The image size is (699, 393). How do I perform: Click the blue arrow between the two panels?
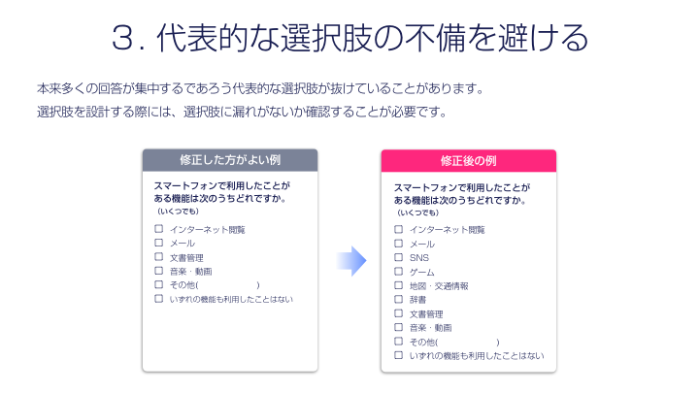(351, 261)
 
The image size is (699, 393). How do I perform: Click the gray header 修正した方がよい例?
(230, 160)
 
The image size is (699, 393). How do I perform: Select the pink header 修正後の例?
(469, 161)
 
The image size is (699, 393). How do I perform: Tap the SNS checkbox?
(399, 257)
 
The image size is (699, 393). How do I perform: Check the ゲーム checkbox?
(399, 272)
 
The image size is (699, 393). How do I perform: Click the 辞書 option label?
(418, 300)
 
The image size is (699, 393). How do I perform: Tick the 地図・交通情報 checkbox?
(399, 285)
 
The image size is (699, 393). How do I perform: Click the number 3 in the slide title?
(122, 38)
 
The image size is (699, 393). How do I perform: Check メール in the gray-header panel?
(158, 243)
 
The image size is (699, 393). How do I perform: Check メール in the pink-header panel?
(399, 244)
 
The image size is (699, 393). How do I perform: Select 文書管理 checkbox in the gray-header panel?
(158, 257)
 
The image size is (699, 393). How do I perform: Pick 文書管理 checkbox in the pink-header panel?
(399, 313)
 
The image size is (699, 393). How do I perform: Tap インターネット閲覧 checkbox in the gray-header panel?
(158, 229)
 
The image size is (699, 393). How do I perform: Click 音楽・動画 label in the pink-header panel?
(431, 328)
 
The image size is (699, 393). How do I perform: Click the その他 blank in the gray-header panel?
(228, 285)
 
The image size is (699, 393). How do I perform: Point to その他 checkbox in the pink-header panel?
(399, 342)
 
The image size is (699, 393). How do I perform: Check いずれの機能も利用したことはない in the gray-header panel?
(158, 299)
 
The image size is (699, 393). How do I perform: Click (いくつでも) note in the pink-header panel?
(417, 213)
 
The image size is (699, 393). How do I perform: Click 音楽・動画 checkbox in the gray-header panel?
(158, 271)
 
